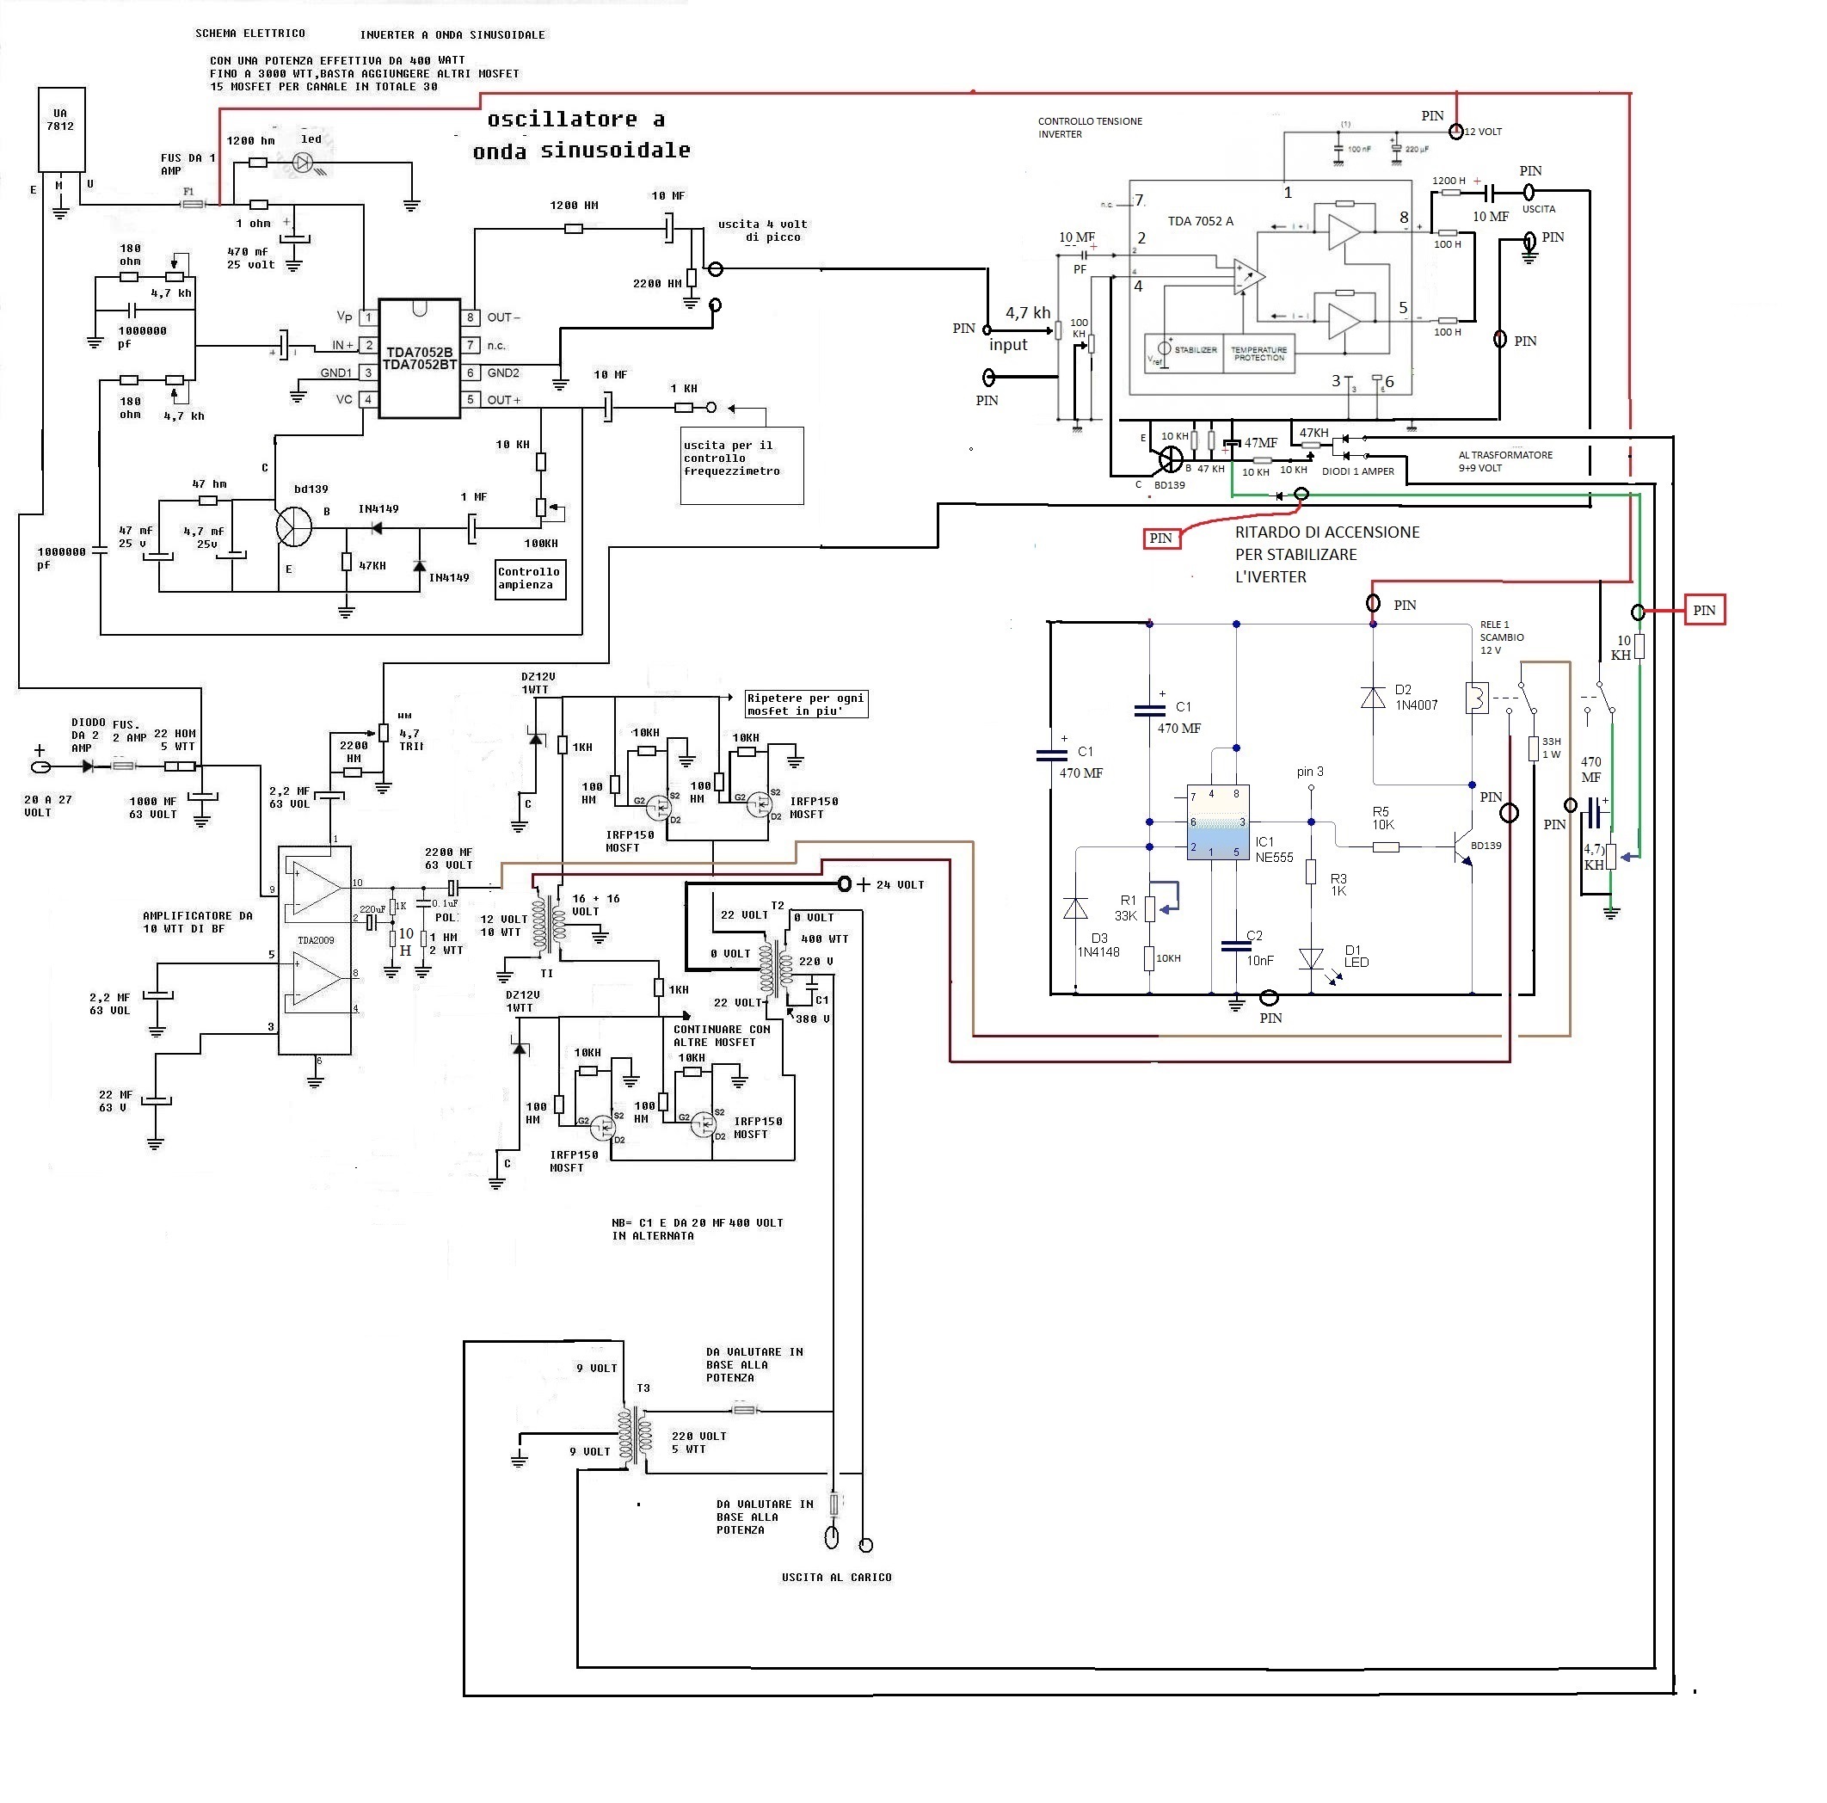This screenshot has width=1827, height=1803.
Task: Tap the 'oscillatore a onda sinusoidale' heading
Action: point(581,134)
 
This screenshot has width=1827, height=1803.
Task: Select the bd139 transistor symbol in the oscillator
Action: point(294,526)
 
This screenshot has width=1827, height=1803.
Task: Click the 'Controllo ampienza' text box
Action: point(531,579)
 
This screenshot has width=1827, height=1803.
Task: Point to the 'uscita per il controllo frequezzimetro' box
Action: point(741,466)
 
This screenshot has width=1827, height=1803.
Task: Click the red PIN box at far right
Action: point(1704,610)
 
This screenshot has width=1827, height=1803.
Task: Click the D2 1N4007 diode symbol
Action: point(1372,698)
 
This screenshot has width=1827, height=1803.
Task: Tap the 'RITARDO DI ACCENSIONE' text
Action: point(1326,532)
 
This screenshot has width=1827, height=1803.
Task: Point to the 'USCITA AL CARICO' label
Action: point(836,1577)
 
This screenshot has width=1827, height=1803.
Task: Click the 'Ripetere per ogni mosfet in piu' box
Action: point(806,705)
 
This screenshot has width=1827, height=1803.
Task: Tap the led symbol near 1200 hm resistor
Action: point(303,163)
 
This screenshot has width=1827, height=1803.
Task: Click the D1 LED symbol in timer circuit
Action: point(1311,960)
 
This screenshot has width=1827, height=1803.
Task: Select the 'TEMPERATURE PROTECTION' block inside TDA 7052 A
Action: point(1258,354)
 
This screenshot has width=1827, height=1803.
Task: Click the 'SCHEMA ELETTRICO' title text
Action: point(249,33)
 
